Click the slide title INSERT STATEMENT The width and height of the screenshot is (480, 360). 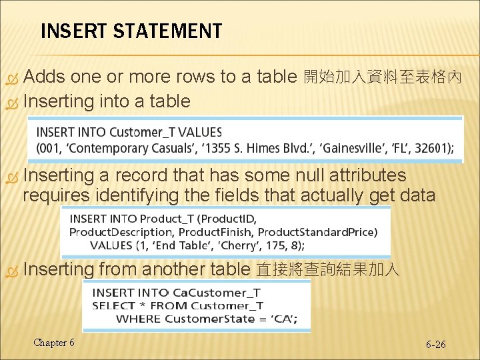[x=131, y=31]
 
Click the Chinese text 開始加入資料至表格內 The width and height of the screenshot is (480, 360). [x=383, y=77]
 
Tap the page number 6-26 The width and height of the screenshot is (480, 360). [x=435, y=345]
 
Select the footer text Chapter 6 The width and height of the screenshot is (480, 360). [x=54, y=343]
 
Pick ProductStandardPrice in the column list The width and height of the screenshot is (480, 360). [x=317, y=231]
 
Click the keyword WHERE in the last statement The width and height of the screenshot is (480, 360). [x=138, y=318]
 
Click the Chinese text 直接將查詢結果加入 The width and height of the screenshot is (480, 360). [x=327, y=270]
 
